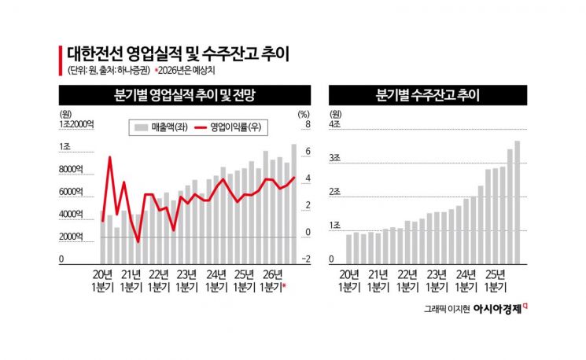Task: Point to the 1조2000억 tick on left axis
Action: click(76, 125)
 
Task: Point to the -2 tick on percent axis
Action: click(305, 259)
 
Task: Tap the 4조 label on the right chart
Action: click(334, 125)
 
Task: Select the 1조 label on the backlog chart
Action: click(334, 226)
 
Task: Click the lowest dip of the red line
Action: click(138, 241)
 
